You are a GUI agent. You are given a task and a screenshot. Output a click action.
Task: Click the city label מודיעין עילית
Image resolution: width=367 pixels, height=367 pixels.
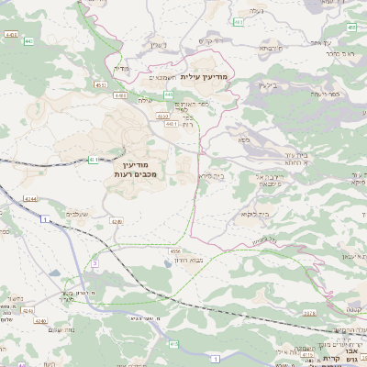point(209,77)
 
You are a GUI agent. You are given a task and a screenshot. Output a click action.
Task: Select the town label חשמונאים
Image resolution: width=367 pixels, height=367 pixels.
point(162,78)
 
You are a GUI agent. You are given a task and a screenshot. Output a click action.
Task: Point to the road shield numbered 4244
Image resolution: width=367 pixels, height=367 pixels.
point(30,198)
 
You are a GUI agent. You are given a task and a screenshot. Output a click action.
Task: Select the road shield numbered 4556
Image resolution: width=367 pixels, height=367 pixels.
point(174,250)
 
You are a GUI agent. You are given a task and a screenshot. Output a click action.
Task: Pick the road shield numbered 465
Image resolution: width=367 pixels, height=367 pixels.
point(352,28)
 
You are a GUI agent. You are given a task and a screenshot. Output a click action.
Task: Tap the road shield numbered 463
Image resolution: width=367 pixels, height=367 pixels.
point(238,21)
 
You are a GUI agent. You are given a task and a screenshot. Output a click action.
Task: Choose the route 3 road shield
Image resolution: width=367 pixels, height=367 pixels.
point(95,262)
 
